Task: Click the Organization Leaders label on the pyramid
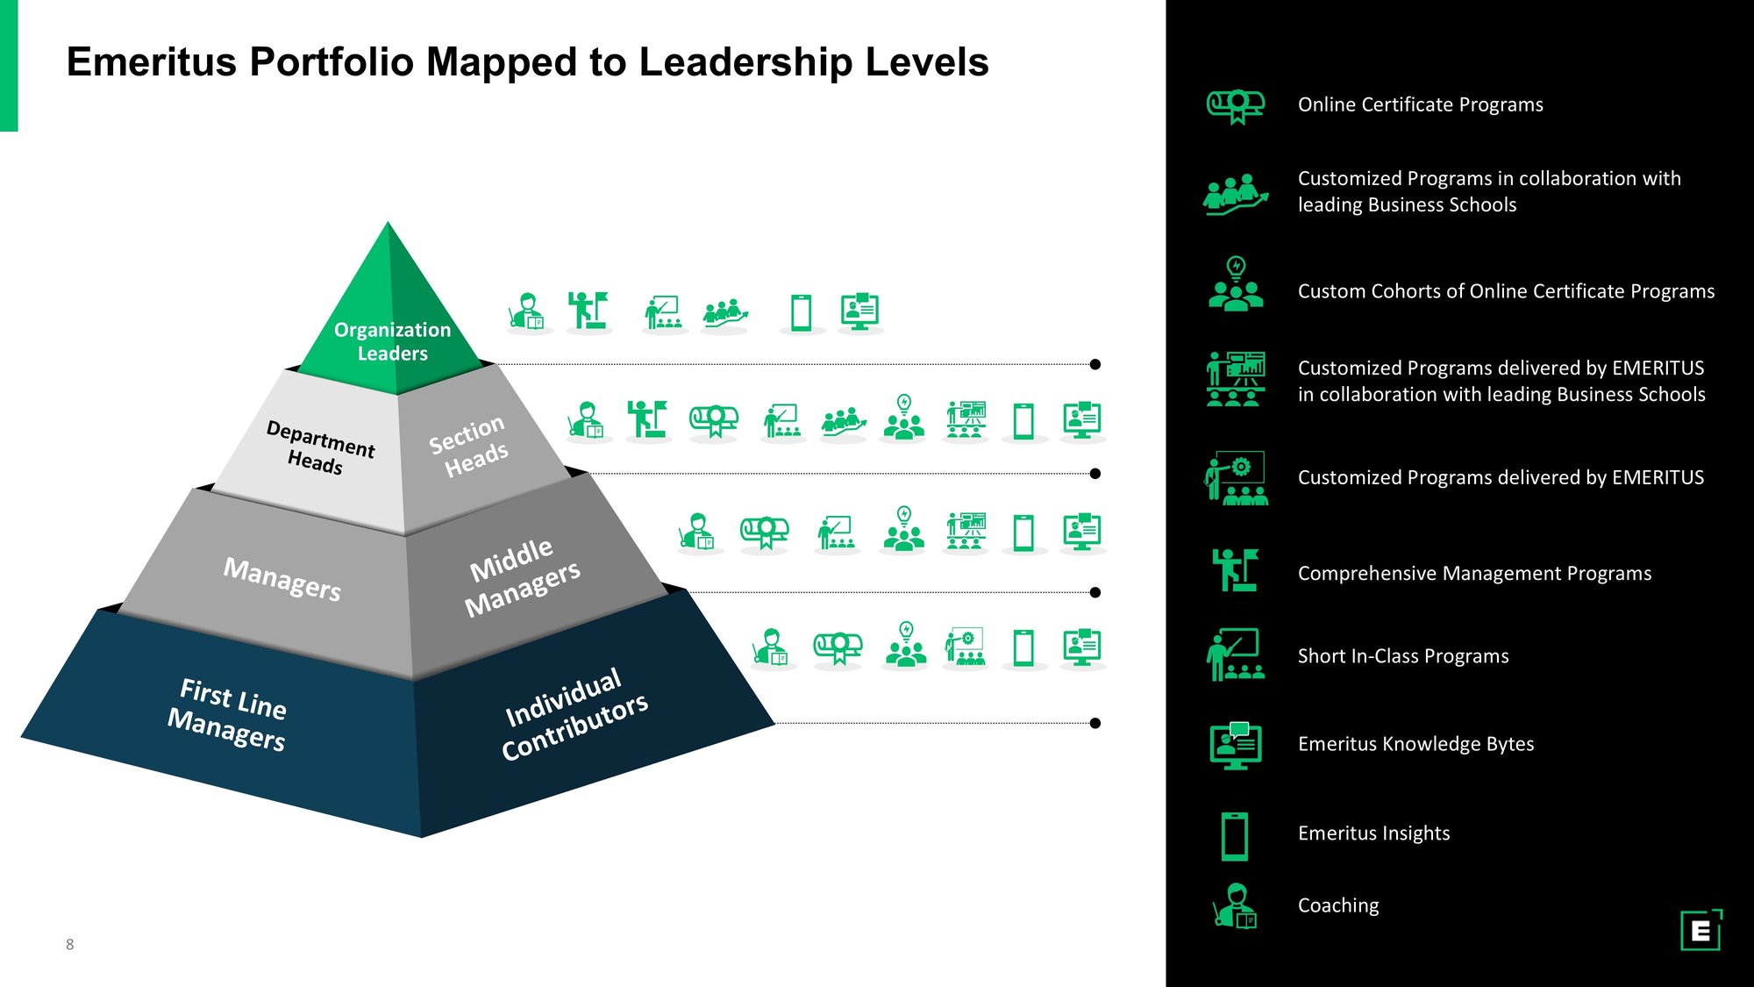coord(392,341)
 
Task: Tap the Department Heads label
coord(318,447)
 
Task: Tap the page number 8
coord(70,945)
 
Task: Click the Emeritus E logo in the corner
coord(1701,930)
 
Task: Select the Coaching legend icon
coord(1236,905)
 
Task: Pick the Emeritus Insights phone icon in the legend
coord(1235,835)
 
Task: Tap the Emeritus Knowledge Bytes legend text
coord(1415,744)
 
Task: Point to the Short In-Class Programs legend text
coord(1403,656)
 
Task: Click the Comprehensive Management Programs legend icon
coord(1235,570)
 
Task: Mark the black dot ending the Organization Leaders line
coord(1094,364)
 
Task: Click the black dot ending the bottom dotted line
coord(1094,723)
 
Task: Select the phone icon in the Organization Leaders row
coord(801,312)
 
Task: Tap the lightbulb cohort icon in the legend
coord(1236,284)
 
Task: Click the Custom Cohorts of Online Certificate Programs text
coord(1506,291)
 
